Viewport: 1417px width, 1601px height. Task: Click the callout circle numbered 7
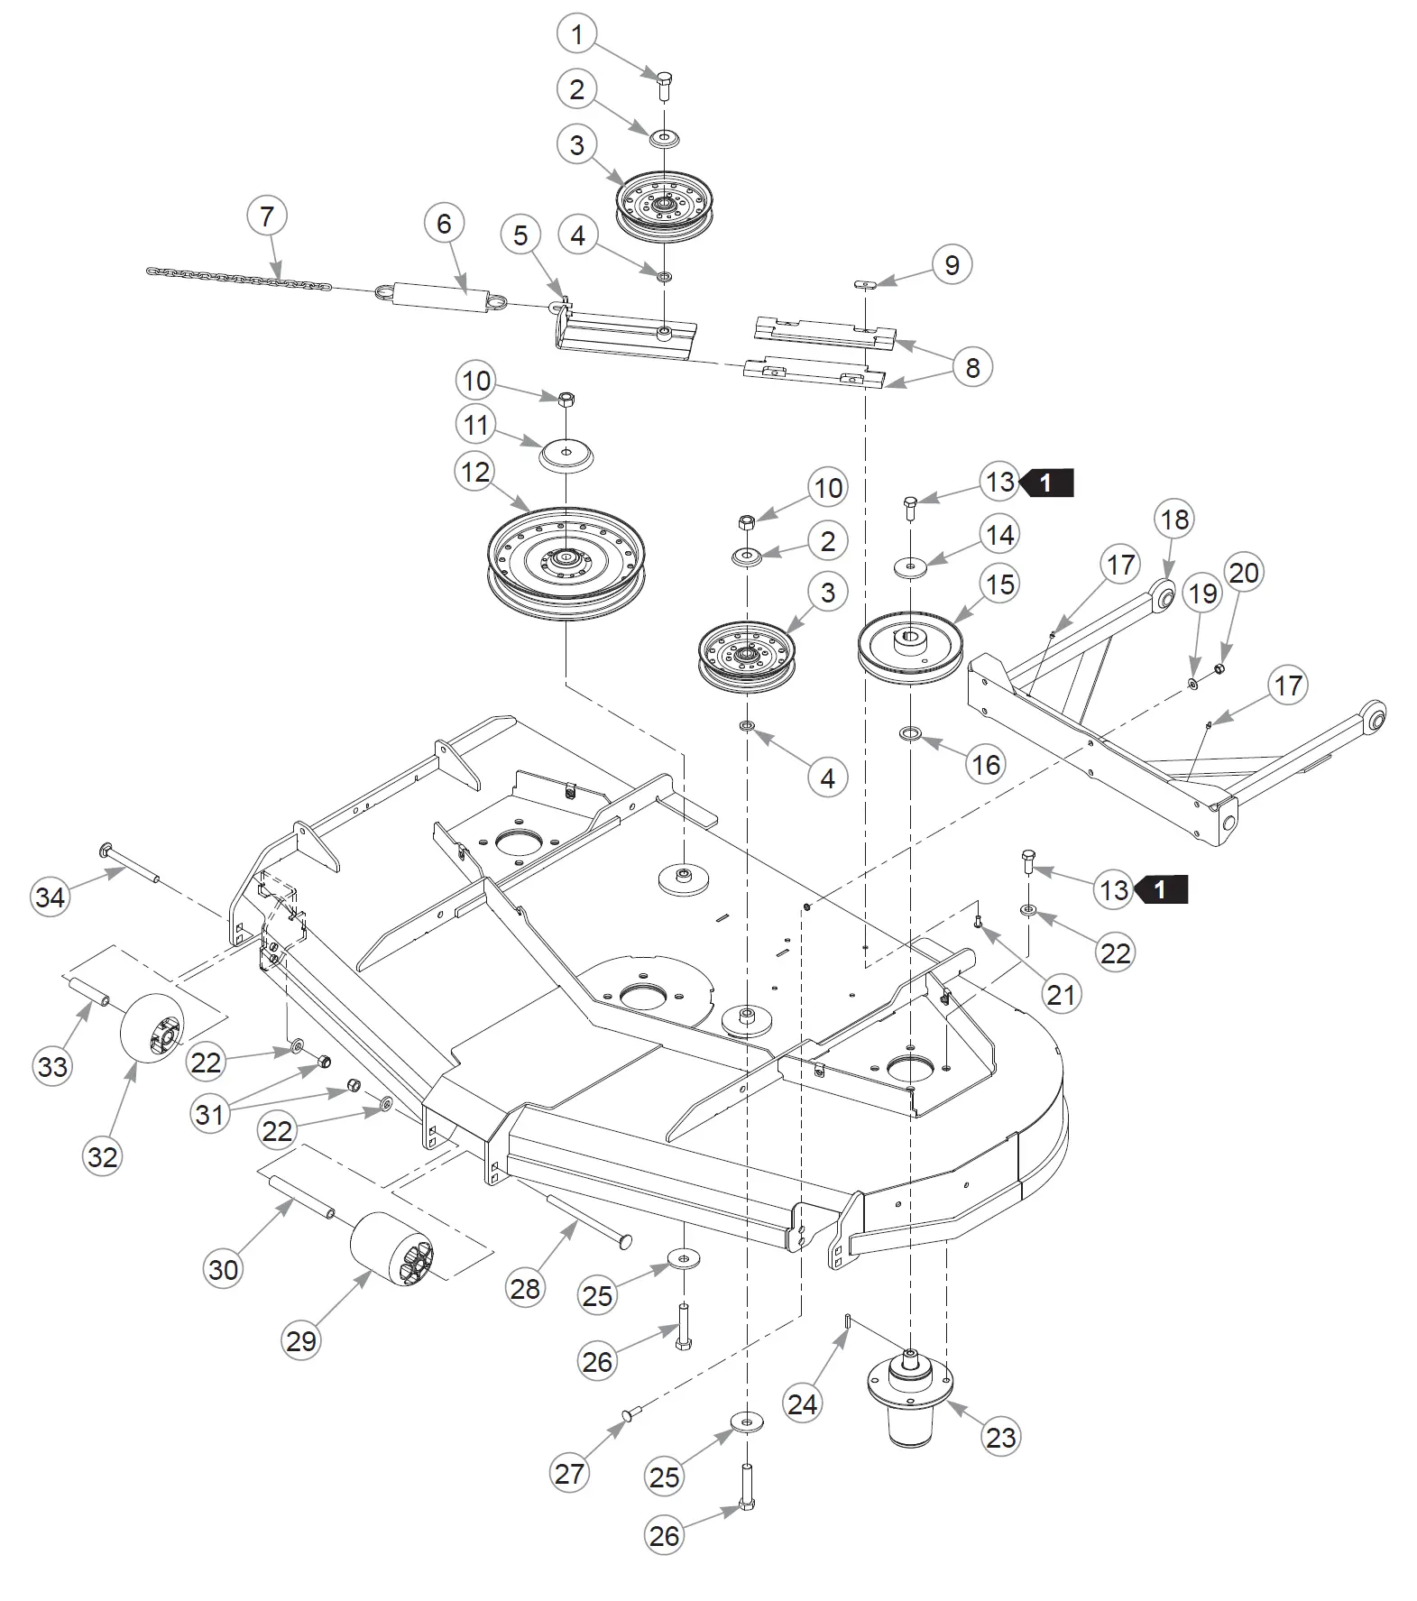tap(267, 216)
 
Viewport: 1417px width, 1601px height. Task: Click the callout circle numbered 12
tap(476, 472)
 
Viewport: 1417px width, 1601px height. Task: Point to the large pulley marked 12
tap(566, 565)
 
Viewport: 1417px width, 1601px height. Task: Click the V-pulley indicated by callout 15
tap(911, 648)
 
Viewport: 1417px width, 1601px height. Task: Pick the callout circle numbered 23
tap(1001, 1437)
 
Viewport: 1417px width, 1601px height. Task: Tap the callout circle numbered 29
tap(301, 1340)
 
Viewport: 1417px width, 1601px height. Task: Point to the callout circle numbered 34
tap(51, 897)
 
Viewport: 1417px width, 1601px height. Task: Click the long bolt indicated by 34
tap(131, 862)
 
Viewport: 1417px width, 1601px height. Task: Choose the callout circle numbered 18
tap(1175, 520)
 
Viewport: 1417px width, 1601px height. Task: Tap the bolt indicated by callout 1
tap(663, 85)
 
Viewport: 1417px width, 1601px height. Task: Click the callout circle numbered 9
tap(952, 265)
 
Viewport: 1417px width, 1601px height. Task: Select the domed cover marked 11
tap(566, 454)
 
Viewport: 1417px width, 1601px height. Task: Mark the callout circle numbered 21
tap(1061, 994)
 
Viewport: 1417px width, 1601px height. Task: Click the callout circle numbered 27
tap(570, 1474)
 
